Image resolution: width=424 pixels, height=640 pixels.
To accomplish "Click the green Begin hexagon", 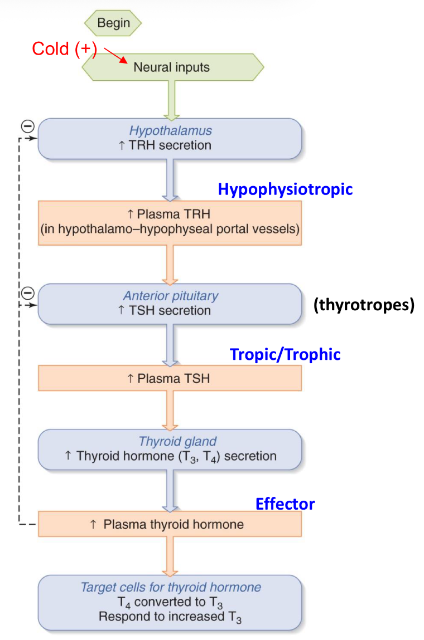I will click(113, 23).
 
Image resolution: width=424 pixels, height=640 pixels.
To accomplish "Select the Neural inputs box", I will click(172, 67).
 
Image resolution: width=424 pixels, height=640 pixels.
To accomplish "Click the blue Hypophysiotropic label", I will click(285, 189).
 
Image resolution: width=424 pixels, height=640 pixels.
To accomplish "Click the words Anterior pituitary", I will click(171, 296).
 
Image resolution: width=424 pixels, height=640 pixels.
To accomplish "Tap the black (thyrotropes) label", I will click(364, 306).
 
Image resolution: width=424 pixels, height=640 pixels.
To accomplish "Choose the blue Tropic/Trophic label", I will click(285, 354).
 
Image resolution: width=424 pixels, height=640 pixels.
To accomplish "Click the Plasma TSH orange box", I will click(170, 378).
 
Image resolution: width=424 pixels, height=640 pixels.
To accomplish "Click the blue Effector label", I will click(285, 504).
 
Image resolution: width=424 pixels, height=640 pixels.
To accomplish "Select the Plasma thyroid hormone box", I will click(170, 524).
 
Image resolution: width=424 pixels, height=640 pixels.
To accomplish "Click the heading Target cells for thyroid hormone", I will click(171, 587).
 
